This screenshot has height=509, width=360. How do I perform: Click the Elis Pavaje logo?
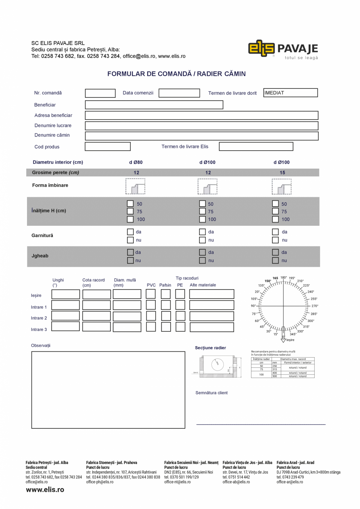pyautogui.click(x=283, y=49)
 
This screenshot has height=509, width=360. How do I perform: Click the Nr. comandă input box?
pyautogui.click(x=100, y=93)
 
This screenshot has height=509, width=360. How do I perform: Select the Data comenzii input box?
pyautogui.click(x=179, y=93)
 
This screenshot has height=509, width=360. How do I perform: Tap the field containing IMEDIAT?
pyautogui.click(x=290, y=93)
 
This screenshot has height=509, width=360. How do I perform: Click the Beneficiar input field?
pyautogui.click(x=154, y=105)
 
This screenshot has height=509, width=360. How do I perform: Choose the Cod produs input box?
pyautogui.click(x=108, y=147)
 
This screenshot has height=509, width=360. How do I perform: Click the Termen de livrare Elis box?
pyautogui.click(x=256, y=147)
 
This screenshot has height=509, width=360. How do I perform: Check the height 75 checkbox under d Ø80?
pyautogui.click(x=130, y=211)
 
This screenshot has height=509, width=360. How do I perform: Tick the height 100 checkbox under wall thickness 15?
pyautogui.click(x=275, y=219)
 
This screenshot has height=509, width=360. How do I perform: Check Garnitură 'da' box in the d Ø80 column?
pyautogui.click(x=130, y=232)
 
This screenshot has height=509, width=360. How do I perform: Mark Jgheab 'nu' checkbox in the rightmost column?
pyautogui.click(x=275, y=260)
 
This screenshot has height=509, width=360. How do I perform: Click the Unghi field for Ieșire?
pyautogui.click(x=65, y=294)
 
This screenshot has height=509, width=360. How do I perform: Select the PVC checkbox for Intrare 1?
pyautogui.click(x=151, y=305)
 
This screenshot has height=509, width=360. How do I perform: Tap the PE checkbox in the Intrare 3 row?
pyautogui.click(x=180, y=327)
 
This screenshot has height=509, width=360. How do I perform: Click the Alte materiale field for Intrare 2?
pyautogui.click(x=212, y=316)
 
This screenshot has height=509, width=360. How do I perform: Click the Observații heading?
pyautogui.click(x=41, y=345)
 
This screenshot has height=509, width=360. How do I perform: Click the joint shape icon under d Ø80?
pyautogui.click(x=135, y=186)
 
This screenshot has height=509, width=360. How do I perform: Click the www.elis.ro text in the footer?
pyautogui.click(x=45, y=489)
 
